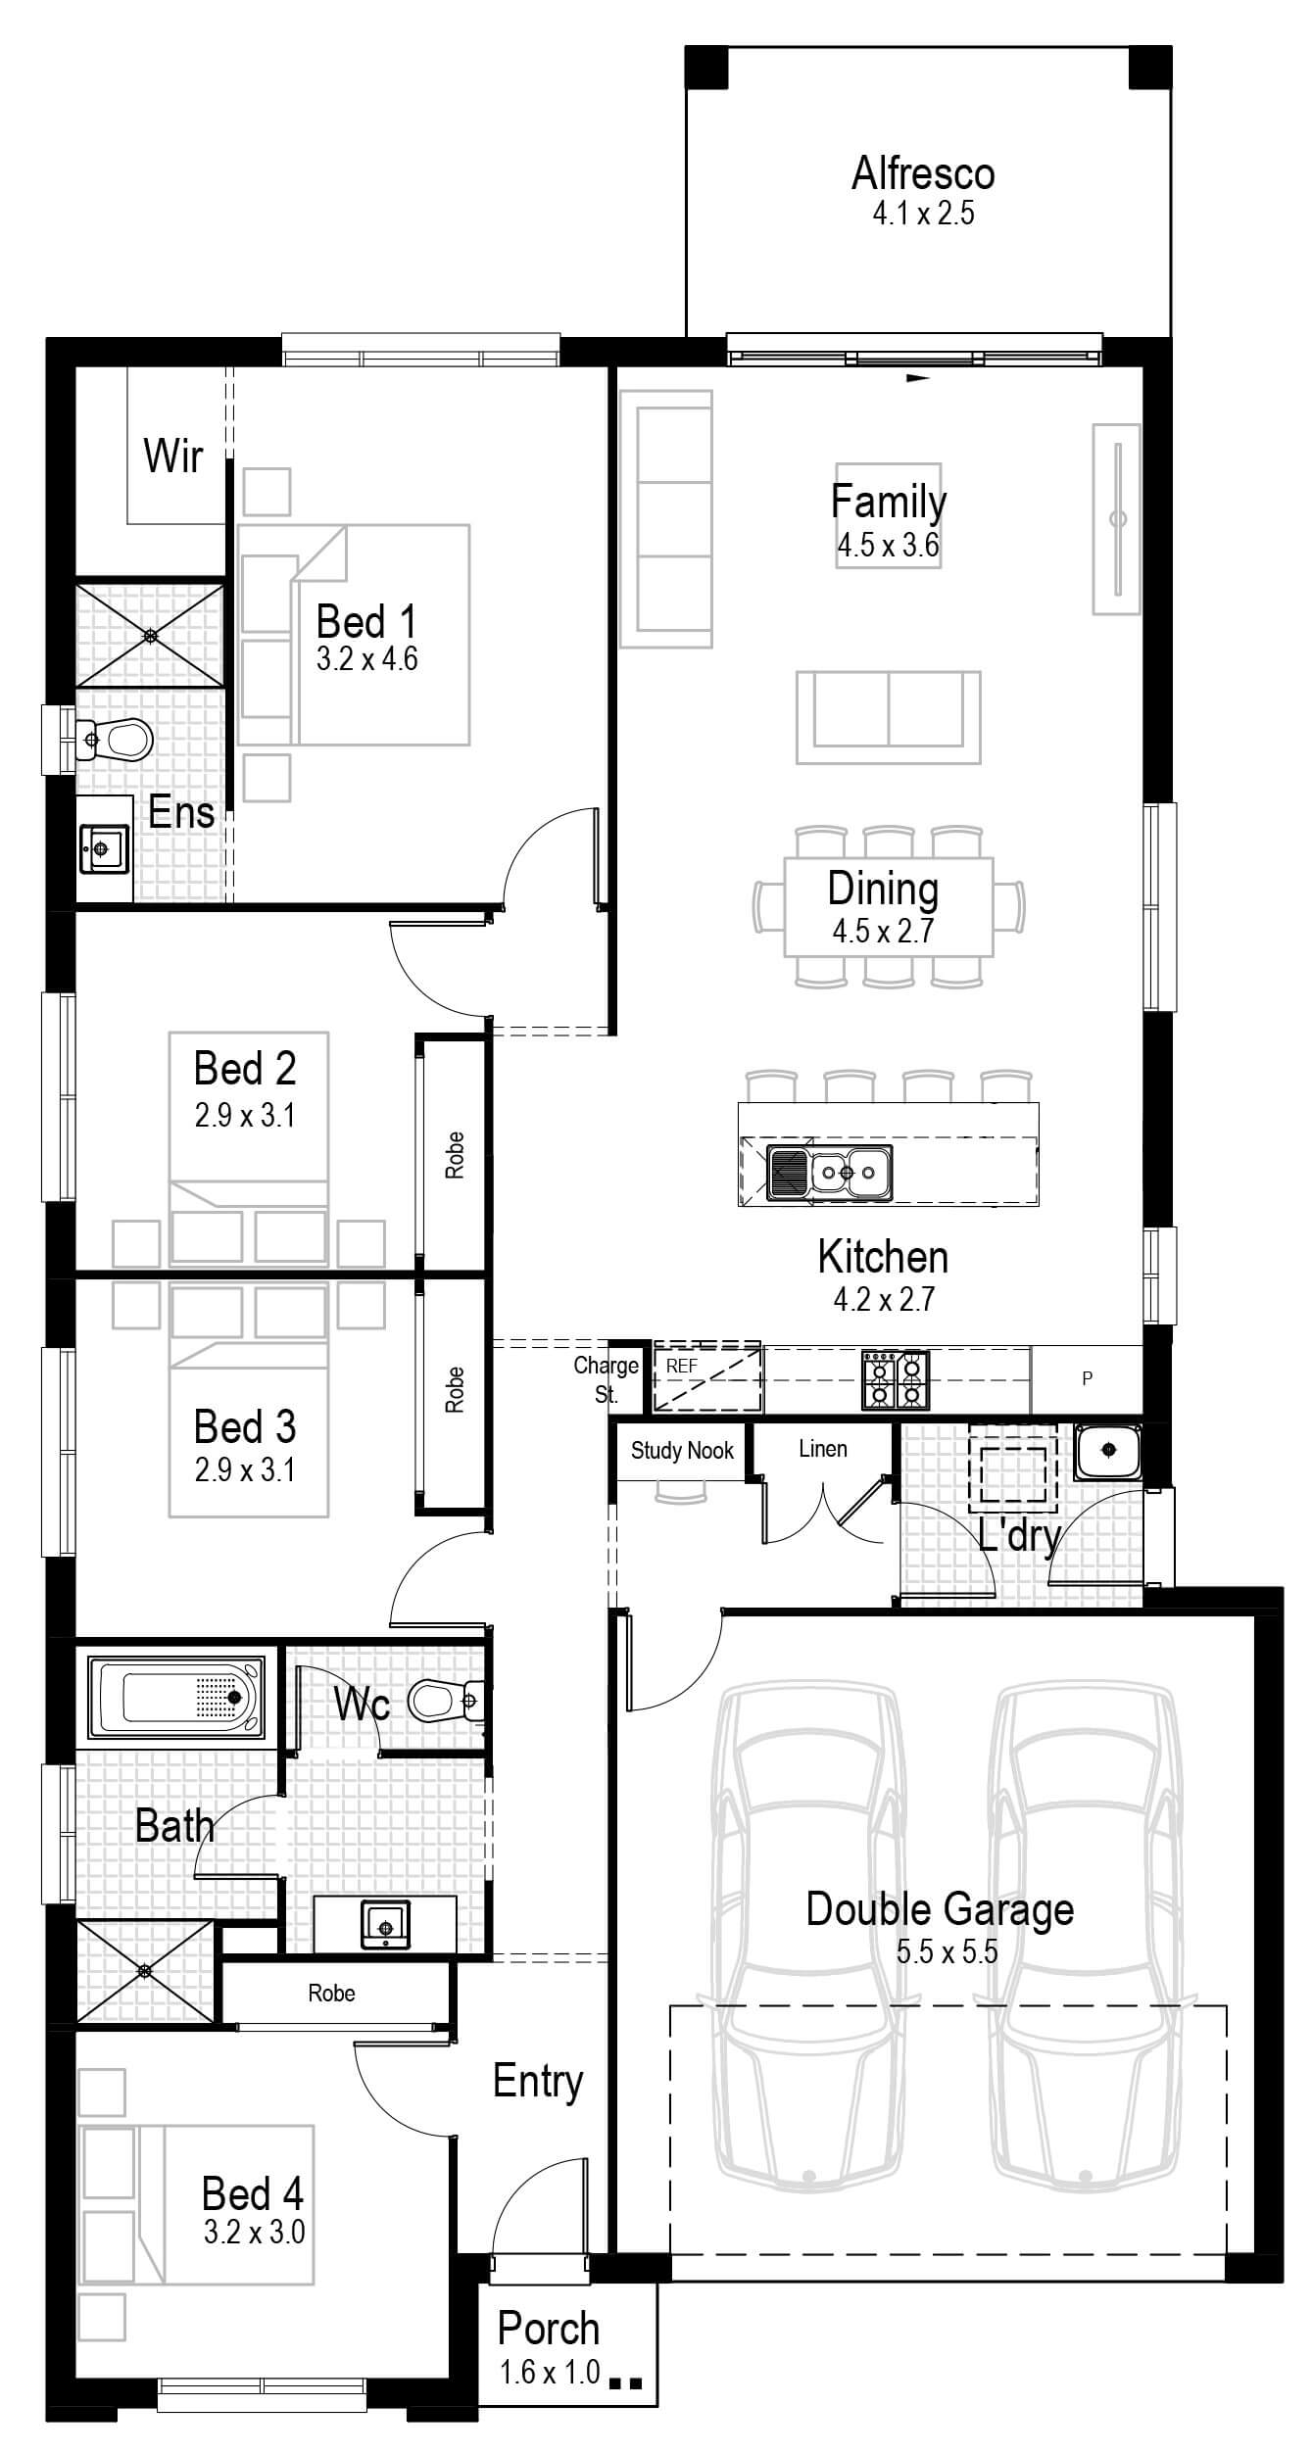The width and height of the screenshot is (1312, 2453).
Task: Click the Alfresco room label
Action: [922, 174]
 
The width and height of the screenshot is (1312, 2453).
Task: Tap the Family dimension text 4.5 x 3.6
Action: [888, 546]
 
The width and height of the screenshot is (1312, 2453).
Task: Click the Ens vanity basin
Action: [103, 848]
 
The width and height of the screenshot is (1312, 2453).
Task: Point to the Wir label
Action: [173, 456]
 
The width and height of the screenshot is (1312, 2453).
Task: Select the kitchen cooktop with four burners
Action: [895, 1379]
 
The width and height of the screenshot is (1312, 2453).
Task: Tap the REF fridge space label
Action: [681, 1366]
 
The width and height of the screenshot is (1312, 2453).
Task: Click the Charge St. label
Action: [606, 1379]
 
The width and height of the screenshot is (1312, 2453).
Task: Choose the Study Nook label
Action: [682, 1450]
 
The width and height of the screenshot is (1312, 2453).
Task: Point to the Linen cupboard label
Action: [822, 1448]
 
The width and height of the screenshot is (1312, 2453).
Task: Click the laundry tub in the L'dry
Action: [1108, 1451]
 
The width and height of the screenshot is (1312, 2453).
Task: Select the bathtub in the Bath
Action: [176, 1697]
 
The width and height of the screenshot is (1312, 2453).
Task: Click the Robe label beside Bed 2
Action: [455, 1154]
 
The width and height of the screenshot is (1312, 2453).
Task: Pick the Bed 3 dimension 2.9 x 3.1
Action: [244, 1469]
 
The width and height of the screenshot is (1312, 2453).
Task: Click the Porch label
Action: [548, 2329]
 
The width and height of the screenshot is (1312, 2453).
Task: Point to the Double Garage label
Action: [940, 1909]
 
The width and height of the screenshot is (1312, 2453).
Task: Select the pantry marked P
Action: [1086, 1378]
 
